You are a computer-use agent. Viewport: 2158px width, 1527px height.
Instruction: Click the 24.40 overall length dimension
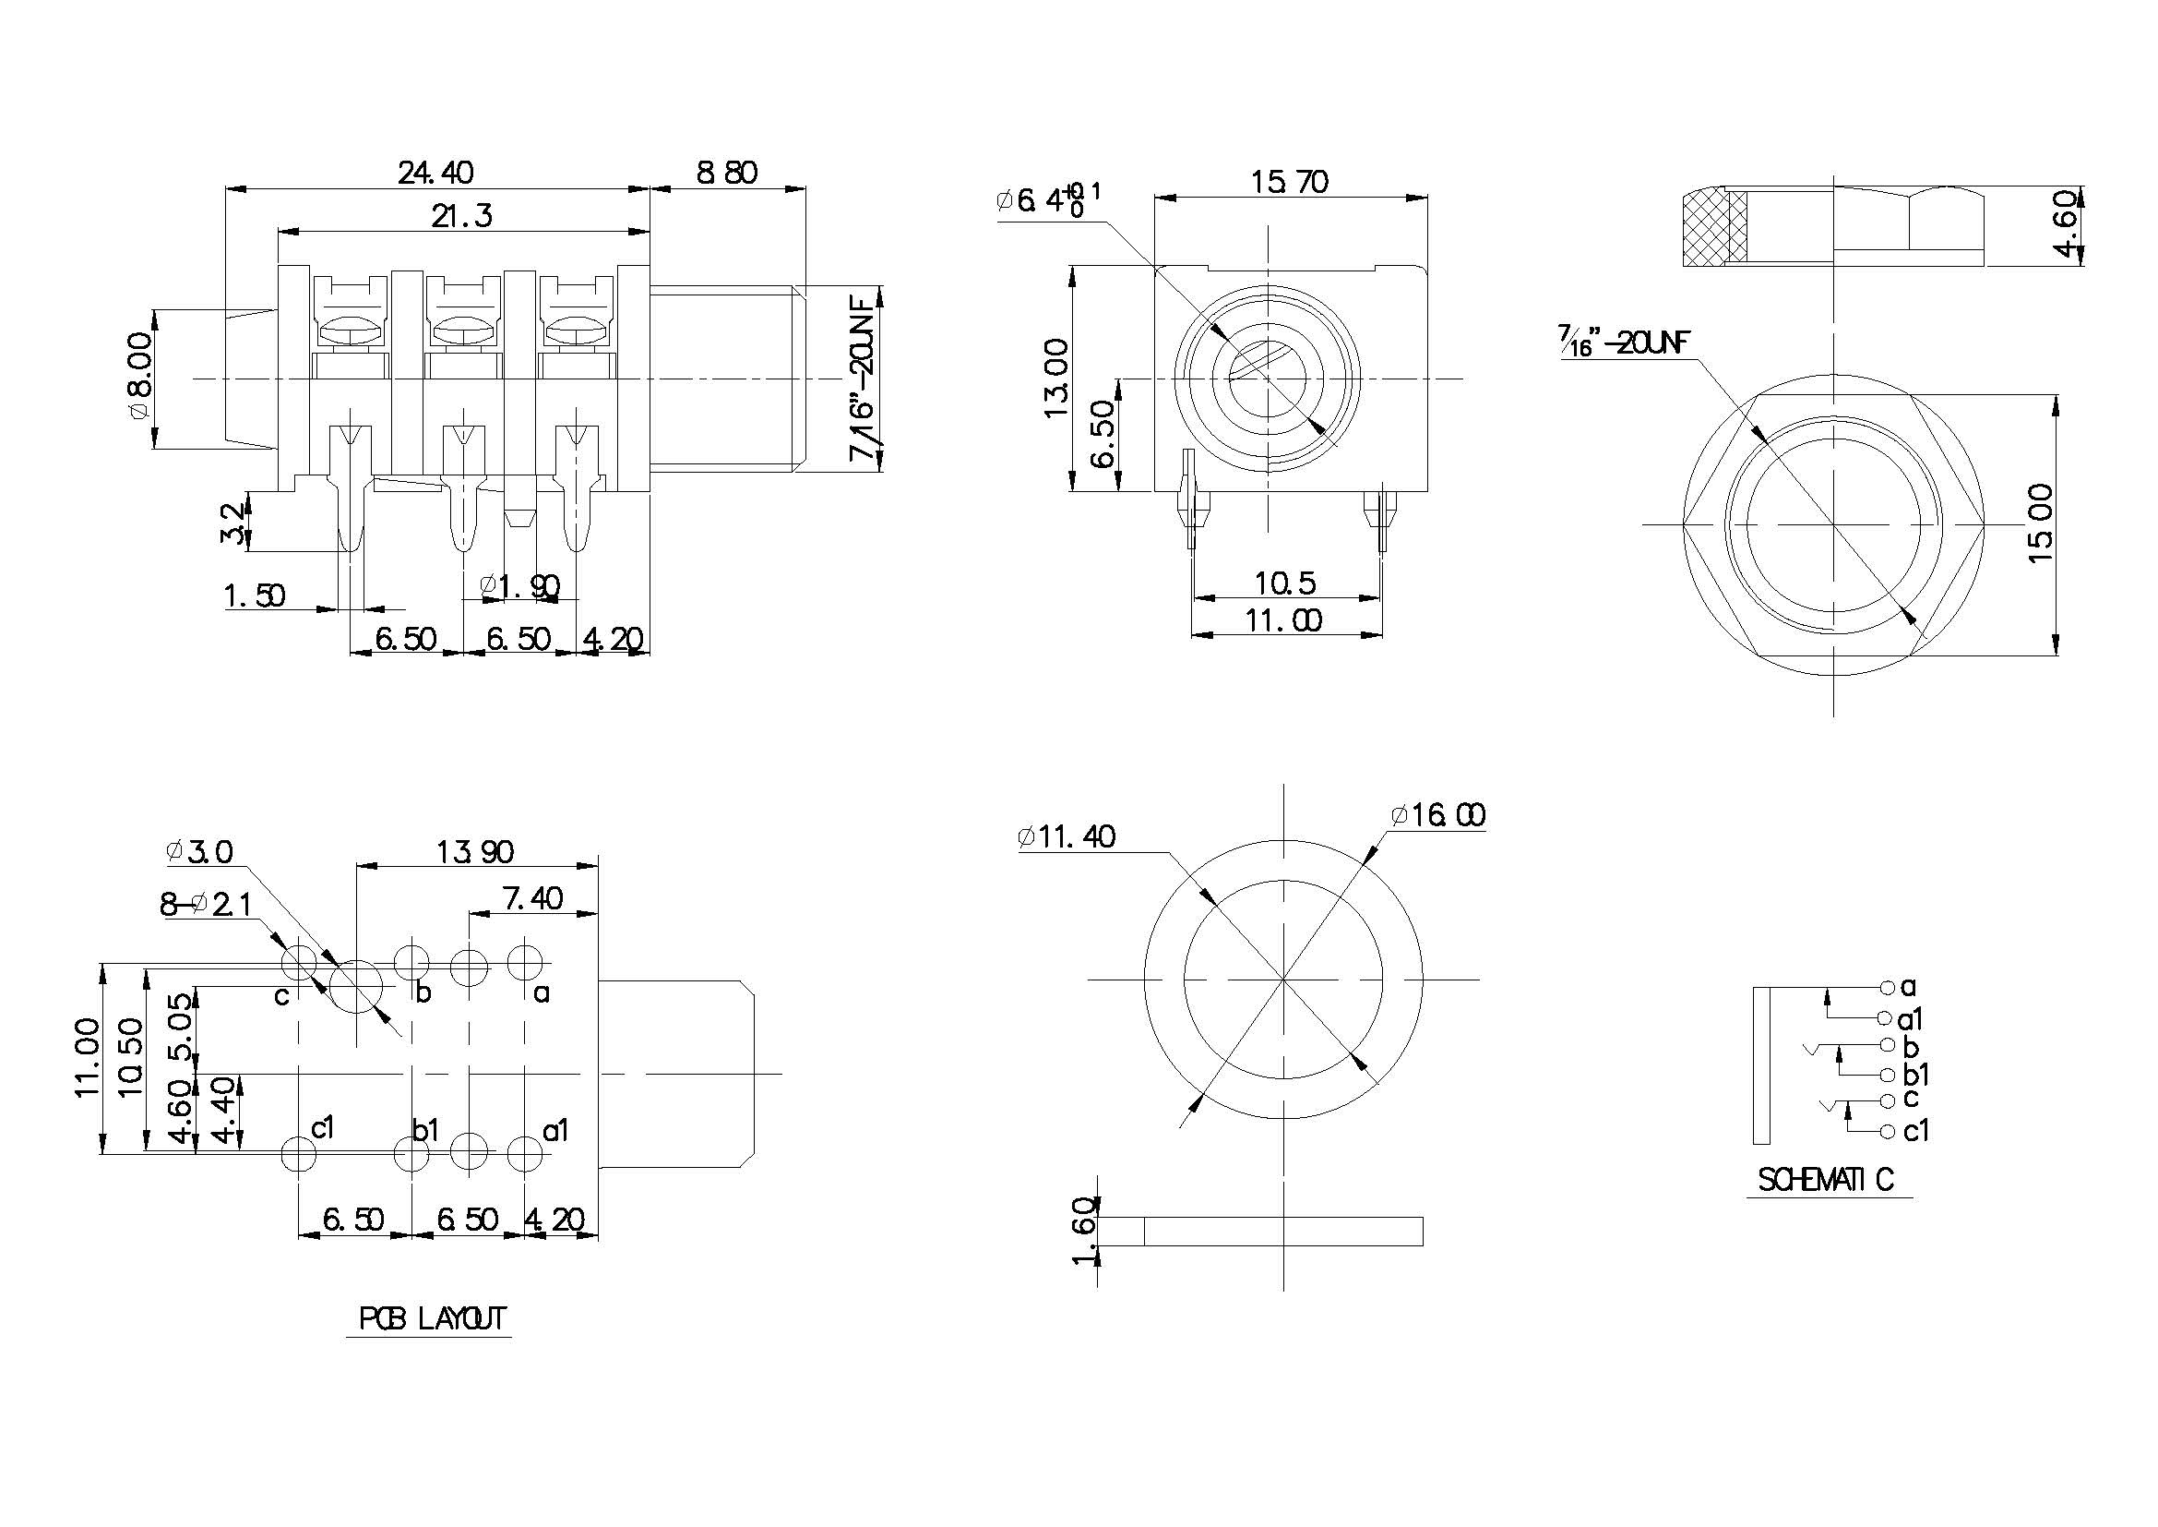click(436, 173)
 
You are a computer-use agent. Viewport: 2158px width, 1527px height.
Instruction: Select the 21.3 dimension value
click(461, 216)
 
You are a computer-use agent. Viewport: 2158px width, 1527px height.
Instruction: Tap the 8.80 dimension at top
click(726, 173)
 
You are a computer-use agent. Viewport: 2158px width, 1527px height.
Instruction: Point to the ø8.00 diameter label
click(139, 376)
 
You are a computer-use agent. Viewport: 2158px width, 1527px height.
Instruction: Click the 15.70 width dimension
click(1289, 182)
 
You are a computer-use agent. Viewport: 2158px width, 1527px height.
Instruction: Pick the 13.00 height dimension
click(1056, 378)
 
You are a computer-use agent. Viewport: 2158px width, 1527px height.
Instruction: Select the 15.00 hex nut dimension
click(2041, 523)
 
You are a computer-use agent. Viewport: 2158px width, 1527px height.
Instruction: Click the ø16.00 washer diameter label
click(1437, 814)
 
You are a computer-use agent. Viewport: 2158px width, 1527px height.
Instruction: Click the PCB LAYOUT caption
click(433, 1319)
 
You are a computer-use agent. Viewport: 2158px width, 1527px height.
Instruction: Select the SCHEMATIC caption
click(1826, 1179)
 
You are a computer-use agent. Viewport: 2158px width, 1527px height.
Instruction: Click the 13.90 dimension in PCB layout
click(474, 852)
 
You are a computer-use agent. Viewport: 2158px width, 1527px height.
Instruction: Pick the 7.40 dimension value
click(533, 898)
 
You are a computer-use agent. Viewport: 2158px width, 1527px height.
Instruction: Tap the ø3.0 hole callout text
click(198, 852)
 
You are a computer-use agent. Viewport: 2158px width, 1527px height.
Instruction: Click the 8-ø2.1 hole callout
click(205, 905)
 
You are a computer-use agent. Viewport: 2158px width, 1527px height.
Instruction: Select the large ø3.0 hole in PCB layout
click(357, 986)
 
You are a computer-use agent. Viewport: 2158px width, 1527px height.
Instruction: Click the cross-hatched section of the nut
click(1705, 227)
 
